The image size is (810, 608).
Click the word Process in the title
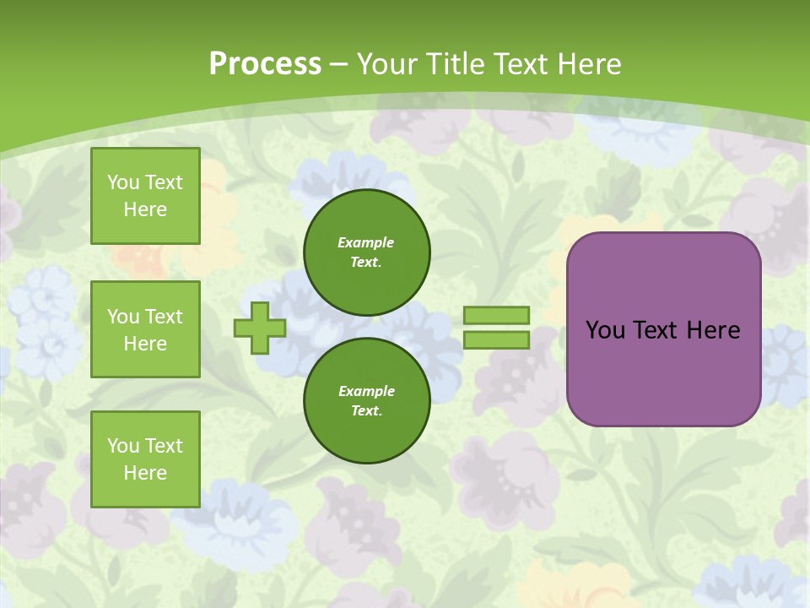tap(265, 64)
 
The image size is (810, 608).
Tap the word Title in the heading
tap(455, 64)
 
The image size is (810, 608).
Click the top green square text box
tap(145, 196)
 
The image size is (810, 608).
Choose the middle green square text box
tap(145, 329)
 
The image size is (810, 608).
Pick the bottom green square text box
tap(145, 459)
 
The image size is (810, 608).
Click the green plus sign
tap(260, 328)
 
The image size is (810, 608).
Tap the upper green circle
tap(367, 252)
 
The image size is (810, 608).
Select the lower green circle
tap(367, 401)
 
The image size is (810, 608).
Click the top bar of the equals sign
tap(496, 315)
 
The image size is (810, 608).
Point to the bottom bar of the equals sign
tap(496, 340)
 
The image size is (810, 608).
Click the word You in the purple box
tap(605, 330)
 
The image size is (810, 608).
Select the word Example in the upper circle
tap(366, 242)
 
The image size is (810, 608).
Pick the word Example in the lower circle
tap(366, 391)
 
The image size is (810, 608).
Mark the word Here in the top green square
tap(145, 209)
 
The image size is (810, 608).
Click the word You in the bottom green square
tap(123, 446)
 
